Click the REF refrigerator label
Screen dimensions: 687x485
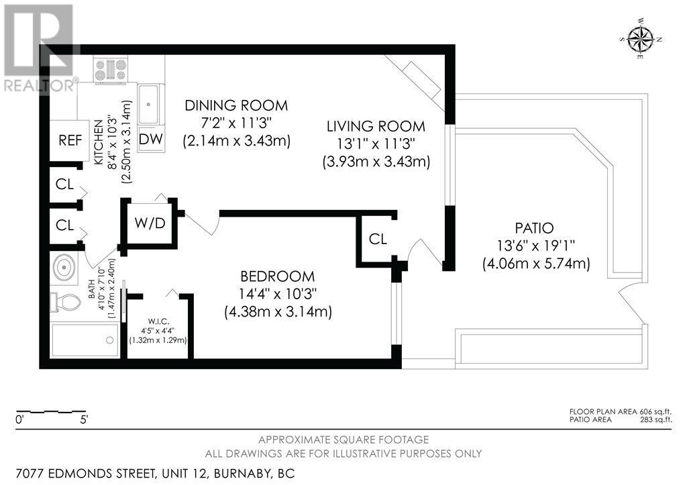coord(70,141)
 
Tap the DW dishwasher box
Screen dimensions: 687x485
coord(151,140)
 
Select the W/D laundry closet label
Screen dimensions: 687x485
coord(150,223)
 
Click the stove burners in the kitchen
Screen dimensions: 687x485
coord(111,70)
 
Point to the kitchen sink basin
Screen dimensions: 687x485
coord(148,105)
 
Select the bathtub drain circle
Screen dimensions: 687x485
coord(109,340)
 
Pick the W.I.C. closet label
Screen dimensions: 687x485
coord(158,321)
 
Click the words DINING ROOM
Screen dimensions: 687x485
coord(236,105)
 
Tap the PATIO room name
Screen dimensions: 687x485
coord(534,228)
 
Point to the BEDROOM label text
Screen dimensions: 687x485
coord(277,276)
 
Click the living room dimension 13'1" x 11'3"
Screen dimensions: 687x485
coord(376,144)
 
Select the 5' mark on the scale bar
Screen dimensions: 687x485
coord(84,420)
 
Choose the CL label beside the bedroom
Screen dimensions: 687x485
coord(378,239)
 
